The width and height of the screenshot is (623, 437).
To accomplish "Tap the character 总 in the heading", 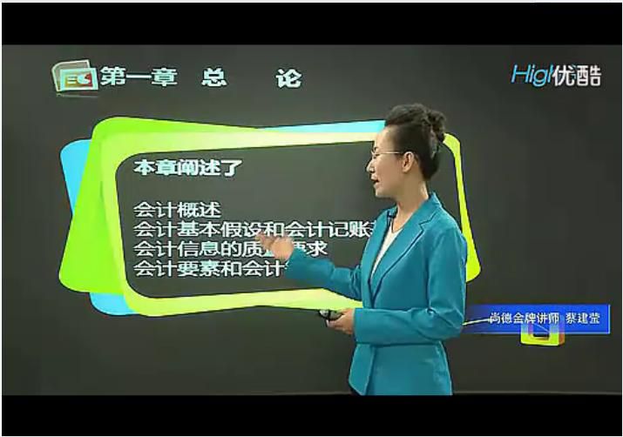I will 213,77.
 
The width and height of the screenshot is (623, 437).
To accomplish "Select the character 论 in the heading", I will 288,77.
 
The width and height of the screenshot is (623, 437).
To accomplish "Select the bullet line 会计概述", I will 178,210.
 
